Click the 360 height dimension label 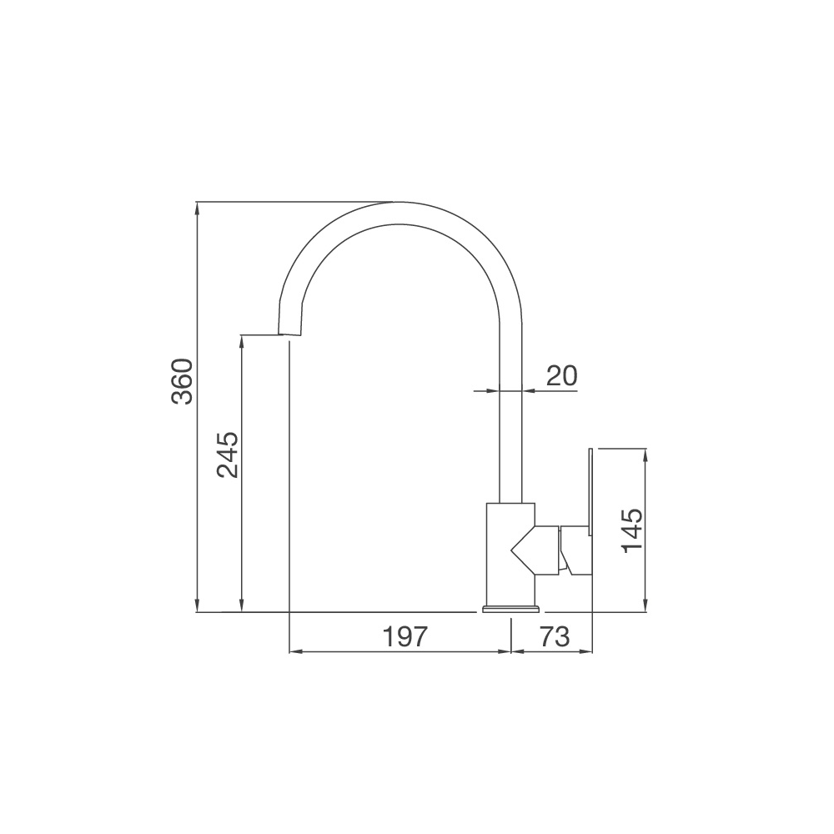[183, 381]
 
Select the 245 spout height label [228, 455]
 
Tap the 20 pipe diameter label [561, 375]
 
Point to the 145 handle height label [632, 530]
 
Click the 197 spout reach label [405, 636]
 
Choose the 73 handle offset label [555, 636]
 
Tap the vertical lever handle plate [590, 492]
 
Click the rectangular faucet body [510, 554]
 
